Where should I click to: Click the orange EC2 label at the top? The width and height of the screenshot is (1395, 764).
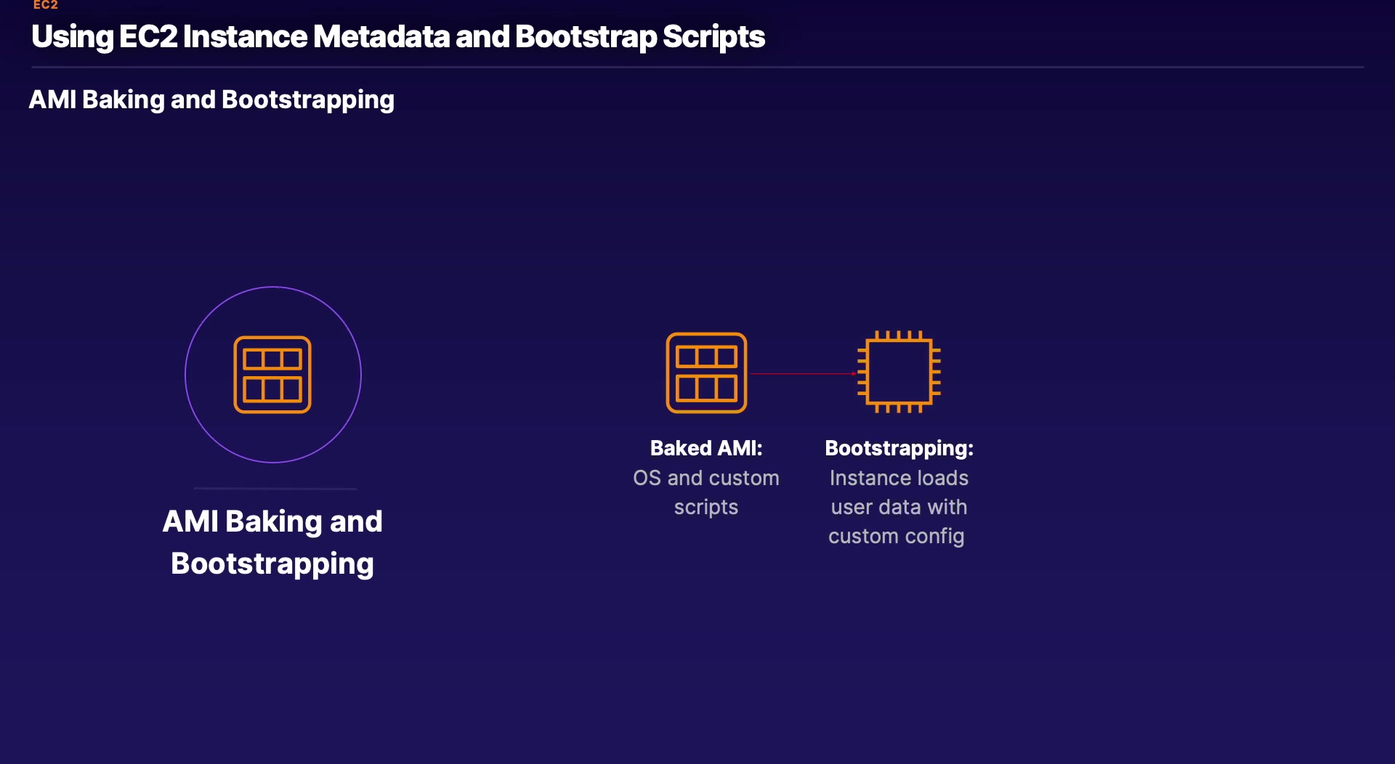pyautogui.click(x=45, y=5)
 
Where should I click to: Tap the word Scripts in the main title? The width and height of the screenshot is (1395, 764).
pyautogui.click(x=713, y=36)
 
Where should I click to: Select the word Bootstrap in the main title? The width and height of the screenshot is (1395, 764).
pyautogui.click(x=586, y=36)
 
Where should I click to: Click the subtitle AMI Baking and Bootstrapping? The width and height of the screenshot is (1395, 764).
pyautogui.click(x=211, y=99)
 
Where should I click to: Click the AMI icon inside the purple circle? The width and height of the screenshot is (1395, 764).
pyautogui.click(x=272, y=375)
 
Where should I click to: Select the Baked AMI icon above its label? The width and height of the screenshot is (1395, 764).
pyautogui.click(x=706, y=373)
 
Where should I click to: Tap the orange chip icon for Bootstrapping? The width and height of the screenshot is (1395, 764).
pyautogui.click(x=899, y=373)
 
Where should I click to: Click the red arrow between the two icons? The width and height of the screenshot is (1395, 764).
pyautogui.click(x=803, y=373)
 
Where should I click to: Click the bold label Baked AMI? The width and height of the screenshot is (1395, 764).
pyautogui.click(x=706, y=448)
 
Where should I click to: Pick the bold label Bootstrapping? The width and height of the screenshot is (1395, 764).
pyautogui.click(x=899, y=448)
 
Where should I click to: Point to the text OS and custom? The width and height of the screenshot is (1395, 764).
pyautogui.click(x=706, y=478)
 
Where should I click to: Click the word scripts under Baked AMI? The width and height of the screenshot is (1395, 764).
pyautogui.click(x=706, y=507)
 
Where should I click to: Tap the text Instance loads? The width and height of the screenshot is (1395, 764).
pyautogui.click(x=899, y=478)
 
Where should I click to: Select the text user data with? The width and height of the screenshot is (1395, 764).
pyautogui.click(x=899, y=507)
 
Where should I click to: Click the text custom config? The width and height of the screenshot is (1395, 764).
pyautogui.click(x=897, y=536)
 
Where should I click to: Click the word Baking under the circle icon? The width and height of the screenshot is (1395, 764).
pyautogui.click(x=273, y=521)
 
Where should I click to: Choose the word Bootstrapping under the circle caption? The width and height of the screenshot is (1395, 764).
pyautogui.click(x=272, y=564)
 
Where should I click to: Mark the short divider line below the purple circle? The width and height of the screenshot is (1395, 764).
pyautogui.click(x=275, y=489)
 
